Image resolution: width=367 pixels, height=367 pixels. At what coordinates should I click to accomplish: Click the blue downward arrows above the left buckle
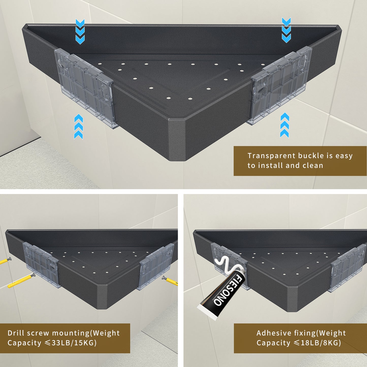coord(80,31)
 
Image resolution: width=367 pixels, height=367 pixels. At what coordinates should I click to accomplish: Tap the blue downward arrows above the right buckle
coord(286,30)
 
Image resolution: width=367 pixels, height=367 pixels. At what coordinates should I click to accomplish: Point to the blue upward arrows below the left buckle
coord(78,127)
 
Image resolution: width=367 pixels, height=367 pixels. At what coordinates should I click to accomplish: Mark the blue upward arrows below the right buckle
coord(285,125)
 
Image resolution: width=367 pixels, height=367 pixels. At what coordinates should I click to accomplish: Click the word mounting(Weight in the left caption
coord(86,333)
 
